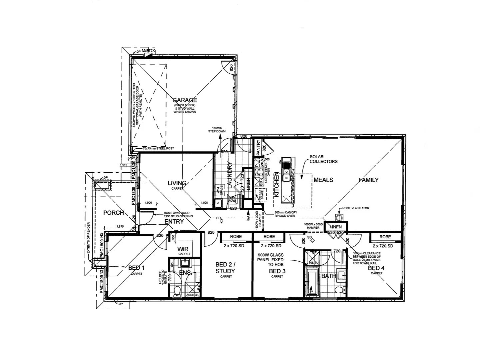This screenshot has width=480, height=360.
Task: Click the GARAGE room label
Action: pos(185,100)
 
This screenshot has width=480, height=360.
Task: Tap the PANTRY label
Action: pos(258,146)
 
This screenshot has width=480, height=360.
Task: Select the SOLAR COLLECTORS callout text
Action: pos(323,159)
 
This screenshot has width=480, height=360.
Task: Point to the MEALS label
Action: pos(323,180)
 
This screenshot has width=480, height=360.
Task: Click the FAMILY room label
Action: pos(368,180)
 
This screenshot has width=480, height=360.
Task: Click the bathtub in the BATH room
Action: pos(312,283)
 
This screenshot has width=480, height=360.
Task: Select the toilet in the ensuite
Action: pos(177,290)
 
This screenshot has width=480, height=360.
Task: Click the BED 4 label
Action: pos(376,268)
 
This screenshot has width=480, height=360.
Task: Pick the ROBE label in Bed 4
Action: pos(385,237)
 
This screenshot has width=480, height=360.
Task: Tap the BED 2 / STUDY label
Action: pos(226,268)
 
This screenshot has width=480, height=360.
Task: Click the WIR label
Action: pos(183,249)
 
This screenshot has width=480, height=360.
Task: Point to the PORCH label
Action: pos(113,213)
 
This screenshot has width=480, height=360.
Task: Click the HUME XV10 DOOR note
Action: pos(178,214)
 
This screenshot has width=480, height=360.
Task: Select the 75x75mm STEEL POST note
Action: pos(158,148)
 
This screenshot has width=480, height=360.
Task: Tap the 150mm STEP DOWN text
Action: pos(217,130)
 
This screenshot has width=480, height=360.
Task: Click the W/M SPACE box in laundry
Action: pos(220,191)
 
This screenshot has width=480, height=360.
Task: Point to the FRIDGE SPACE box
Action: pos(261,195)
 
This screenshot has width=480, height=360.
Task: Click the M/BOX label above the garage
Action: pos(148,51)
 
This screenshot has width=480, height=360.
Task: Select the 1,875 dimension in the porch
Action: pos(120,227)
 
